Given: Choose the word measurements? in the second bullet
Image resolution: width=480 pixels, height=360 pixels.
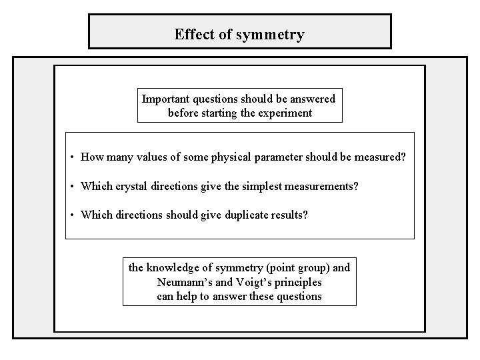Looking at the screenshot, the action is tap(324, 187).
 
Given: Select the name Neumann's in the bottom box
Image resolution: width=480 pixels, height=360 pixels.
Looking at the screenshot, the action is tap(179, 282).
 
